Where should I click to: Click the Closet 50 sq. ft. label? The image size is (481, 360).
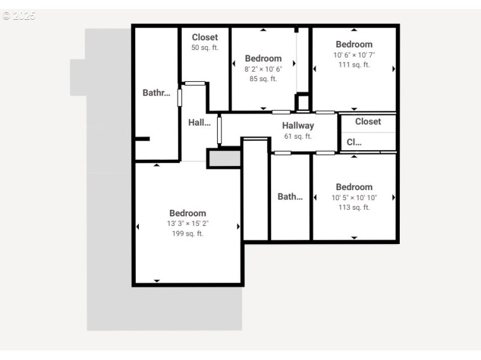tap(204, 37)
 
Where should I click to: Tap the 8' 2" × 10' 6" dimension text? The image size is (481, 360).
tap(263, 69)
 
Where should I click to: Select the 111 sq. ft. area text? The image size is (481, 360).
tap(354, 65)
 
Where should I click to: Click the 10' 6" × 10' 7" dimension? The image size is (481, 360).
tap(354, 55)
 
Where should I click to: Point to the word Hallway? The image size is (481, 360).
tap(298, 126)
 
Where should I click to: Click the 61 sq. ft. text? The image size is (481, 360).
tap(298, 136)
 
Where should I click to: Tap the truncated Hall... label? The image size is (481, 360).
tap(199, 123)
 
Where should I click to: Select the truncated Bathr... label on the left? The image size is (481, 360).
tap(156, 93)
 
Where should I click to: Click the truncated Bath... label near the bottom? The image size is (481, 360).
tap(290, 197)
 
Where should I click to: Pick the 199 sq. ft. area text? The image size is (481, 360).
tap(188, 234)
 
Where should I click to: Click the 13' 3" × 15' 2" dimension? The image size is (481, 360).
tap(188, 224)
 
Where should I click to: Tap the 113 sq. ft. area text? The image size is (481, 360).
tap(354, 207)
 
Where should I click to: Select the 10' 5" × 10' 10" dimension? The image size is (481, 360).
tap(354, 198)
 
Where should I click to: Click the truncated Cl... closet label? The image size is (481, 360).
tap(354, 143)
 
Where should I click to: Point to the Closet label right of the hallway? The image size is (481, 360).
tap(367, 121)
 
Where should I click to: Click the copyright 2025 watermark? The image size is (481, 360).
tap(19, 16)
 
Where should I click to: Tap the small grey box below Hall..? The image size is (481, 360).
tap(224, 159)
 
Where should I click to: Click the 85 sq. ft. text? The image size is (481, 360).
tap(263, 79)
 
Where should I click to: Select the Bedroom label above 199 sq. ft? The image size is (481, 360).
tap(188, 213)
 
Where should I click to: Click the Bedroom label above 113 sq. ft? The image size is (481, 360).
tap(354, 187)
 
